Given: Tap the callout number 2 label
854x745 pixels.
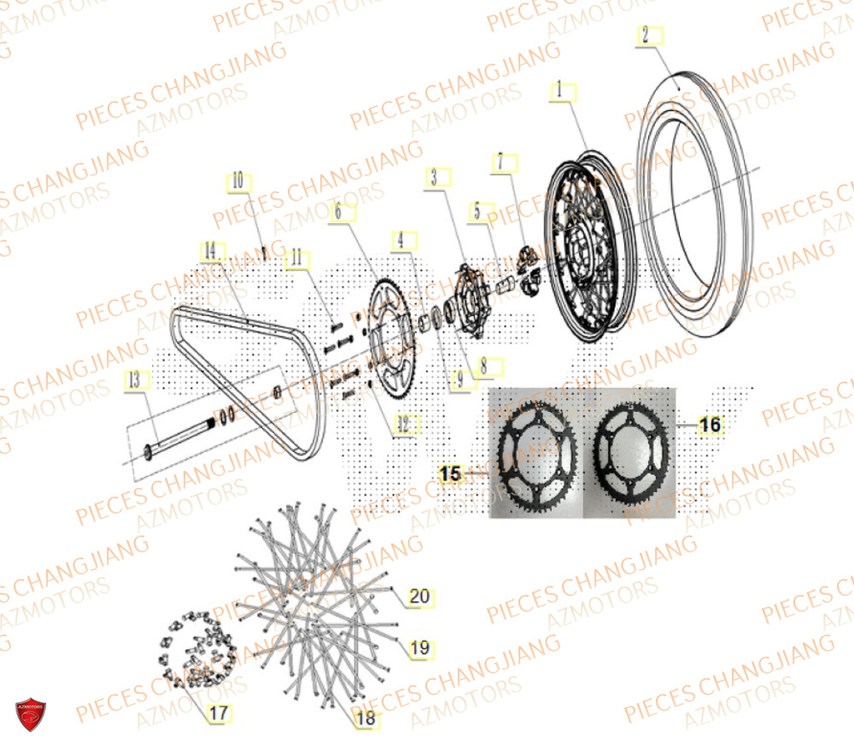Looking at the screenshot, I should [x=646, y=35].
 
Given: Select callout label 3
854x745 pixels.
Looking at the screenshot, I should [x=434, y=178].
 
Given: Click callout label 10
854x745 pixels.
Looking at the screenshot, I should [x=237, y=180].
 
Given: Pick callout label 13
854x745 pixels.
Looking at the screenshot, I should [x=134, y=381].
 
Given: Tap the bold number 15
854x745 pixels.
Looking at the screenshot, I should [x=451, y=472].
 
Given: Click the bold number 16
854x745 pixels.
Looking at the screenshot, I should [x=710, y=425].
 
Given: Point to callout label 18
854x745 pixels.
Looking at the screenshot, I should [x=366, y=719].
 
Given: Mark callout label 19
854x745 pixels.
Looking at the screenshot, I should [x=419, y=648].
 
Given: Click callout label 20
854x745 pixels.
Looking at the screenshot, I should [x=419, y=595].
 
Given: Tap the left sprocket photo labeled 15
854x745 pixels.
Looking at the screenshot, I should [x=535, y=454].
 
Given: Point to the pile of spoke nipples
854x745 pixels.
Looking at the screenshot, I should [x=196, y=649].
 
